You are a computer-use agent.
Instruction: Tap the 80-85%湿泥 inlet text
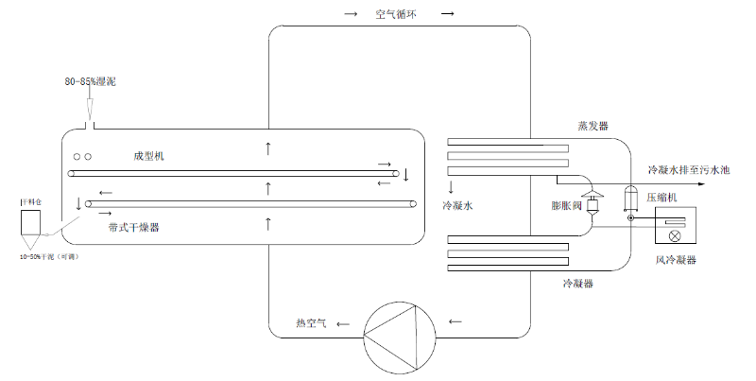(x=91, y=82)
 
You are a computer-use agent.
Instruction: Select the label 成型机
(x=149, y=154)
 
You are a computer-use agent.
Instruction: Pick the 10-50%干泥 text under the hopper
(x=48, y=256)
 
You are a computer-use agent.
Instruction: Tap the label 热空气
(x=311, y=324)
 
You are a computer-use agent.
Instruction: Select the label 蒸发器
(x=593, y=125)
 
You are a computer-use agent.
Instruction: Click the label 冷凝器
(x=578, y=283)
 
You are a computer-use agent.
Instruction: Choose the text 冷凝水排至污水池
(x=689, y=170)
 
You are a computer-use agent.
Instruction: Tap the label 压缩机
(x=662, y=199)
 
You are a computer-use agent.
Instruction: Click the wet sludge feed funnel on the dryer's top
(x=91, y=120)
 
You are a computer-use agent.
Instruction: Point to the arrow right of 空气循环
(x=448, y=15)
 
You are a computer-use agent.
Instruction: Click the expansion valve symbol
(x=594, y=204)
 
